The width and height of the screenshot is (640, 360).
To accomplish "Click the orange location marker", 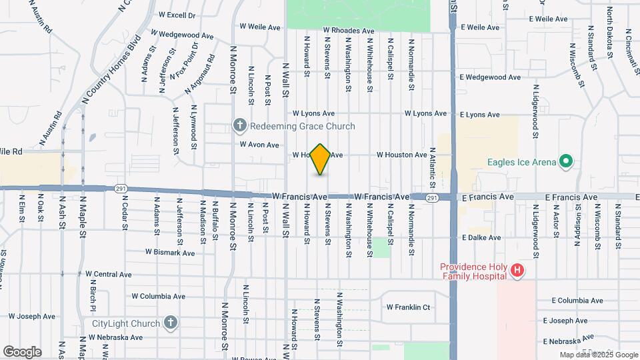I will click(321, 159).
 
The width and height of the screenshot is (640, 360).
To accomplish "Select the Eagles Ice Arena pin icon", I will click(566, 161).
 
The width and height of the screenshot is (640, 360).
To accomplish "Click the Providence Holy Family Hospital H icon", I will click(517, 271).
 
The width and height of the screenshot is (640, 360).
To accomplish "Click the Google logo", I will click(22, 351).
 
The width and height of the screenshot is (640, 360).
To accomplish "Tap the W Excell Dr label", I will click(177, 14).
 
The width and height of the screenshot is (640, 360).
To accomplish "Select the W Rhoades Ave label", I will click(349, 31).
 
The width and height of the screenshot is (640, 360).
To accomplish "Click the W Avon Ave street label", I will click(259, 145).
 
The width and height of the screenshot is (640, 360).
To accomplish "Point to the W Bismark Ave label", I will click(170, 253).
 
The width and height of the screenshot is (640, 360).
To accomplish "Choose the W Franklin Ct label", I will click(409, 307).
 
